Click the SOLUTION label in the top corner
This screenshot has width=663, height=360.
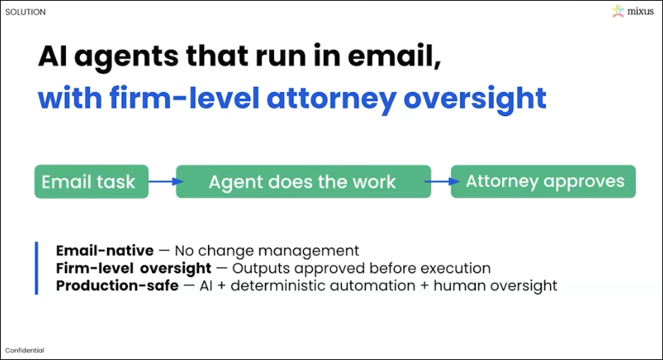tap(25, 12)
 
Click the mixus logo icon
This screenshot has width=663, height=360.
tap(618, 11)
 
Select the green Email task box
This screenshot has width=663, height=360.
tap(91, 181)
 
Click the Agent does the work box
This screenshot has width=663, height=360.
tap(303, 181)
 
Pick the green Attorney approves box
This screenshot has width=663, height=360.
tap(543, 181)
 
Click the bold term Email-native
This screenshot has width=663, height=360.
tap(105, 251)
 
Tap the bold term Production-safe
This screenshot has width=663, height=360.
tap(117, 285)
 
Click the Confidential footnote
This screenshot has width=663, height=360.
tap(25, 350)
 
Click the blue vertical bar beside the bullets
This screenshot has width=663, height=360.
tap(36, 268)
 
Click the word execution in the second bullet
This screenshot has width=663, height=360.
tap(458, 268)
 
